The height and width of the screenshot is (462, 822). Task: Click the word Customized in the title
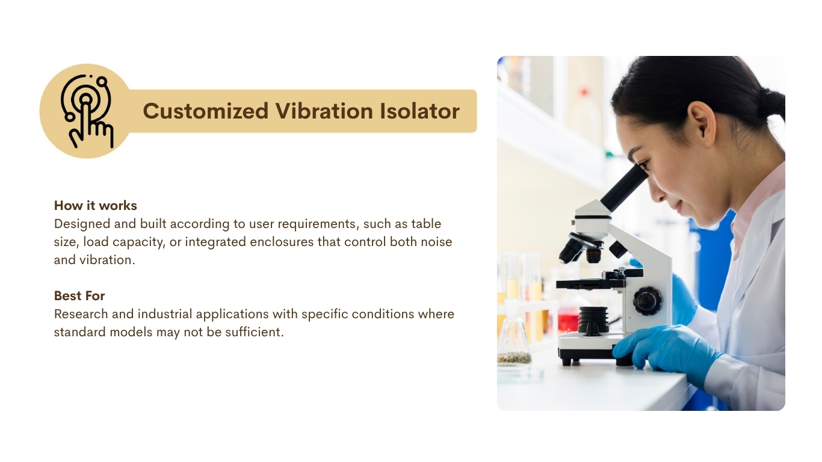(206, 111)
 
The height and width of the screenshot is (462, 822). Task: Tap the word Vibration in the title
(324, 111)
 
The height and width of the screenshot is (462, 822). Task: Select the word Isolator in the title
(419, 111)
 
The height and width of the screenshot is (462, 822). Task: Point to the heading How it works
(96, 206)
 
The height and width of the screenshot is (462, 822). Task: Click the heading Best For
(79, 296)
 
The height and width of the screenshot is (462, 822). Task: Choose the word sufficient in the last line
(255, 332)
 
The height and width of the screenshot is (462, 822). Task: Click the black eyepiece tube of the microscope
(624, 188)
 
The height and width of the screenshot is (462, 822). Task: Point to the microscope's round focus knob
(647, 301)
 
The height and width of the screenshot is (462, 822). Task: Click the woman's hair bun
(771, 106)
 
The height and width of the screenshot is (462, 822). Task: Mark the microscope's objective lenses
(584, 250)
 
